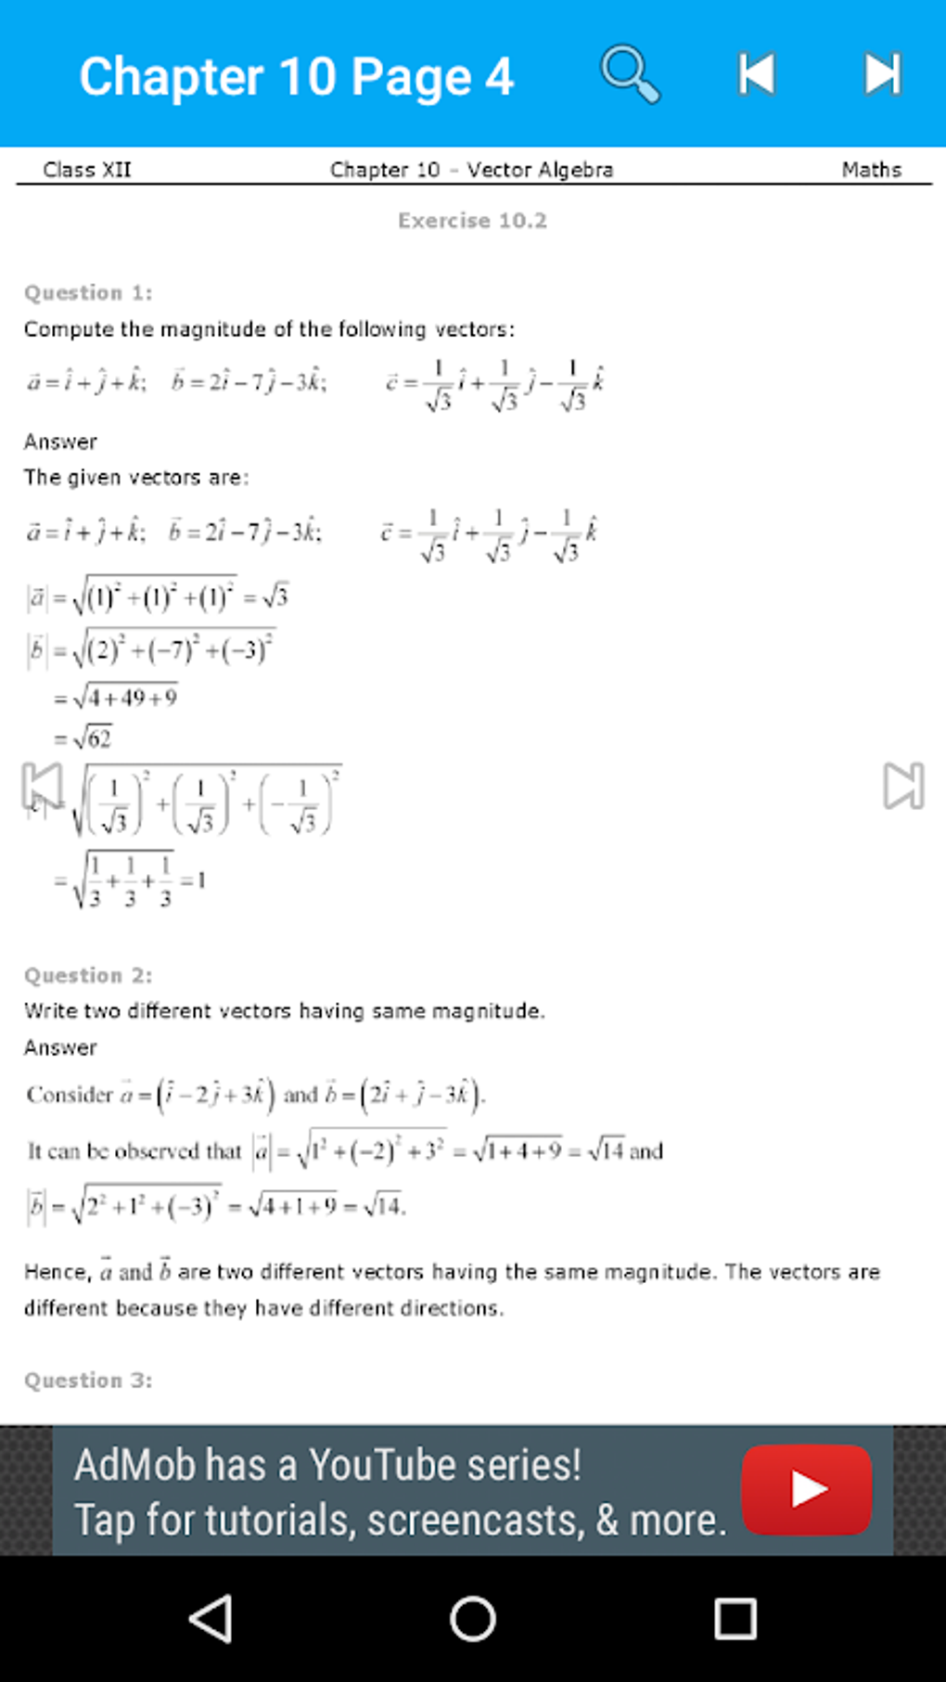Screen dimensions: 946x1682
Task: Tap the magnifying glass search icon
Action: click(x=631, y=73)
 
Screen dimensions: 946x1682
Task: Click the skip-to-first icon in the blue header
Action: click(x=757, y=74)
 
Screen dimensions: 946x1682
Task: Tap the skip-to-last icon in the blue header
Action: click(x=882, y=74)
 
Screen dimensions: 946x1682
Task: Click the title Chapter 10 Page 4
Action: click(x=296, y=76)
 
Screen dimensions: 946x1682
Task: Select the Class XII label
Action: click(x=87, y=170)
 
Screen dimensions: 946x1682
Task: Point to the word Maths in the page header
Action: click(x=871, y=170)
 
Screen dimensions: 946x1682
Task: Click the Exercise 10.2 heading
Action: click(x=472, y=221)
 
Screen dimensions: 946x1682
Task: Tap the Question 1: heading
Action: click(x=88, y=293)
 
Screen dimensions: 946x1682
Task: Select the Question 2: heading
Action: click(x=88, y=976)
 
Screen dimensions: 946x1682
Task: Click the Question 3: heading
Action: click(x=88, y=1380)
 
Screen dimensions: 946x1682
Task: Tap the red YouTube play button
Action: click(x=806, y=1489)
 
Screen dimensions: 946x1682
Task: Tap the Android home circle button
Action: click(x=473, y=1619)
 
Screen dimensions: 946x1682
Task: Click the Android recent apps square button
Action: click(x=735, y=1619)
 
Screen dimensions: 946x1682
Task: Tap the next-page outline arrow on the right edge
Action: click(x=903, y=786)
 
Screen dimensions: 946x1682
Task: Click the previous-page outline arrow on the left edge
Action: click(x=42, y=786)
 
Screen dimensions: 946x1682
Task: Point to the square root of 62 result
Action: click(x=92, y=738)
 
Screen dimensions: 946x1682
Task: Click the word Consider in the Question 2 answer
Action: click(x=70, y=1095)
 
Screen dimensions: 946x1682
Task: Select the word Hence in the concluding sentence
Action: click(x=56, y=1272)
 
